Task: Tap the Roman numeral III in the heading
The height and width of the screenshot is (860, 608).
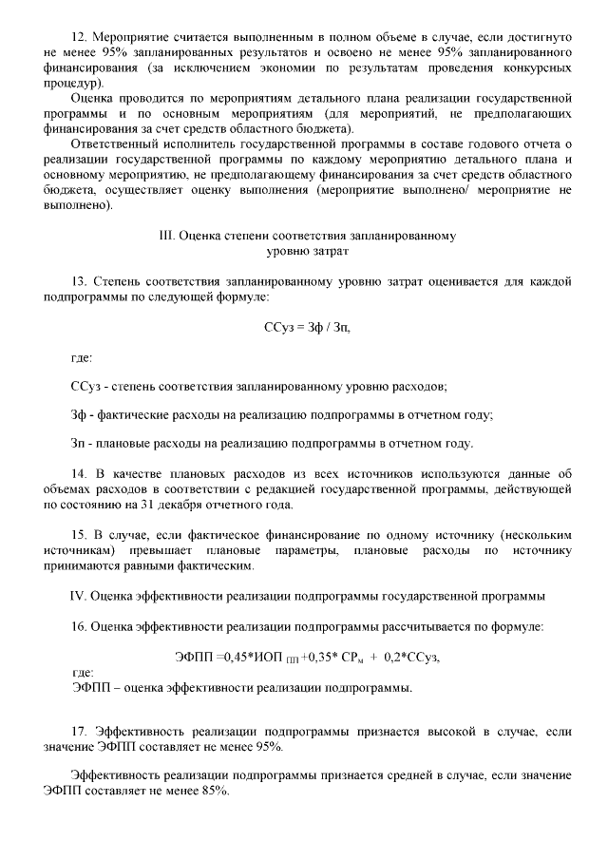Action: pyautogui.click(x=166, y=236)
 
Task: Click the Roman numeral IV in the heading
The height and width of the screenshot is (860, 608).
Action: pyautogui.click(x=80, y=596)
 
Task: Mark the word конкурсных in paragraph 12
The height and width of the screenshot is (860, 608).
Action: pyautogui.click(x=535, y=69)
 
